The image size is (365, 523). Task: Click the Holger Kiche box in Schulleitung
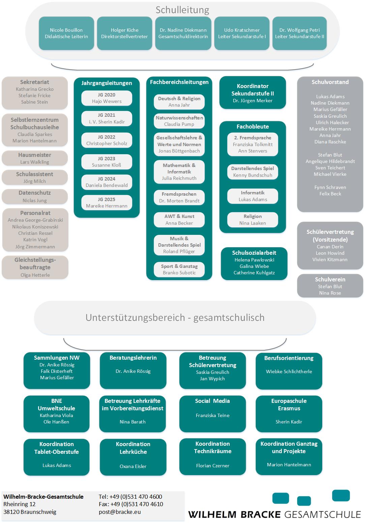click(124, 33)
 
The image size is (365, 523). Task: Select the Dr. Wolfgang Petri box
click(299, 33)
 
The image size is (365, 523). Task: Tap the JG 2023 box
click(107, 162)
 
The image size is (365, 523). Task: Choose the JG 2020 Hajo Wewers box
click(107, 98)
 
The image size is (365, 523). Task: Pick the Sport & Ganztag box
click(179, 270)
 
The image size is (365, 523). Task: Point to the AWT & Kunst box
click(179, 220)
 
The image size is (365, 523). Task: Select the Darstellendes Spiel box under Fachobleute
click(252, 172)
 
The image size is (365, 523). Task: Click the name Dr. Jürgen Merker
click(252, 101)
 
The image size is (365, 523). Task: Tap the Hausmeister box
click(35, 158)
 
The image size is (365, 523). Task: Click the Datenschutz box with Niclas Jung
click(35, 196)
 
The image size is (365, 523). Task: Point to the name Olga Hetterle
click(35, 275)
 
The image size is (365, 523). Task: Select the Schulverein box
click(330, 286)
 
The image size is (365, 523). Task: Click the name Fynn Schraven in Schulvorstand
click(330, 187)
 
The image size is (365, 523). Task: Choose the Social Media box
click(212, 413)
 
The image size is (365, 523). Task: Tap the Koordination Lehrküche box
click(133, 457)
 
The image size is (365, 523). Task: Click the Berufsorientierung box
click(289, 370)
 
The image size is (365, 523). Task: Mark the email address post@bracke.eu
click(120, 512)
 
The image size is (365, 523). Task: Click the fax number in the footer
click(131, 504)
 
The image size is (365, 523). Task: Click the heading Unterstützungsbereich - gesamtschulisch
click(175, 318)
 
